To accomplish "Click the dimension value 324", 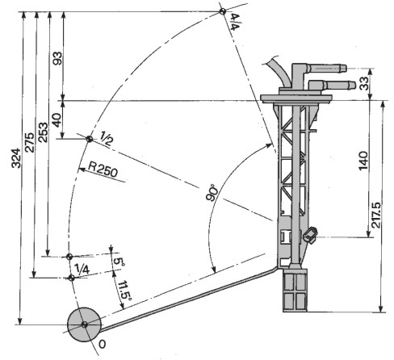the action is (16, 158).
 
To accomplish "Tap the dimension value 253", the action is (43, 132).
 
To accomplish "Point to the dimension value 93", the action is (57, 58).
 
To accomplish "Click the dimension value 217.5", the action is (376, 216).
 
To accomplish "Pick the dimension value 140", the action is (363, 161).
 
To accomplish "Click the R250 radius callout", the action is (103, 171).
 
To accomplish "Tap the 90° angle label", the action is (212, 192).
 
